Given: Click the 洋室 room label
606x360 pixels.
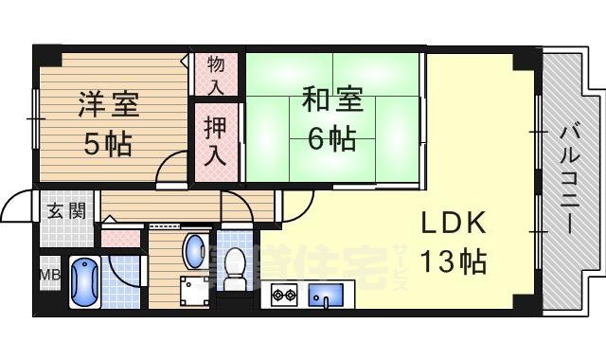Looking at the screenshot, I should click(107, 104).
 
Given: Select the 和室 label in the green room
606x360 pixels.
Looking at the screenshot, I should click(331, 98).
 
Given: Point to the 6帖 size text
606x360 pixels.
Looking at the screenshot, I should click(331, 139).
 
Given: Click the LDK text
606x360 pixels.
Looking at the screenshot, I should click(454, 224).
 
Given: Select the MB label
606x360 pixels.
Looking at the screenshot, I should click(48, 277).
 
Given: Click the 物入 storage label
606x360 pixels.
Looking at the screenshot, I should click(216, 74).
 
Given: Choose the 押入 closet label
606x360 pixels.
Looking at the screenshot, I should click(216, 140).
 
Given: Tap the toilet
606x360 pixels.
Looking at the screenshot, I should click(235, 268).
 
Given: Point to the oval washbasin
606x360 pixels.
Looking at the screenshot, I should click(194, 253).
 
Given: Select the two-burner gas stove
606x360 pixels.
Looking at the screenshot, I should click(284, 294).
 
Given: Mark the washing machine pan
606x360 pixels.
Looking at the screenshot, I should click(195, 292).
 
